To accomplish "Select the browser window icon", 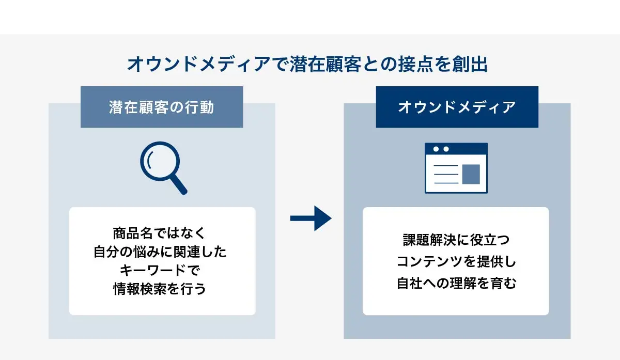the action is (x=456, y=168).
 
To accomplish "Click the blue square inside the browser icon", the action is (x=471, y=174).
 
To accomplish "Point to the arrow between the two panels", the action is (x=311, y=218).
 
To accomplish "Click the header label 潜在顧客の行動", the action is (x=162, y=107).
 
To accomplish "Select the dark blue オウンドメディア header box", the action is (x=457, y=107).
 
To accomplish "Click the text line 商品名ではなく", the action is (x=159, y=233).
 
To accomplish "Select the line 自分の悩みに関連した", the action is (x=160, y=252).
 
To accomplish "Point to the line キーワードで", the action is (x=160, y=270).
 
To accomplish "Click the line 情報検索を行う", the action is (x=160, y=289).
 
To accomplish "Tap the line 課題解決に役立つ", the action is (x=456, y=240).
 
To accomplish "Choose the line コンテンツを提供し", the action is (x=456, y=261).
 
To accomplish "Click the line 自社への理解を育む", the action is (x=456, y=283).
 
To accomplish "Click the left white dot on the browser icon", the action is (x=436, y=149).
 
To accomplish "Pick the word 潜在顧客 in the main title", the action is (x=326, y=64).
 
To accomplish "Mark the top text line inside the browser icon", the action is (x=446, y=166).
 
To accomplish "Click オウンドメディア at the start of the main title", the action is (x=199, y=64).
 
